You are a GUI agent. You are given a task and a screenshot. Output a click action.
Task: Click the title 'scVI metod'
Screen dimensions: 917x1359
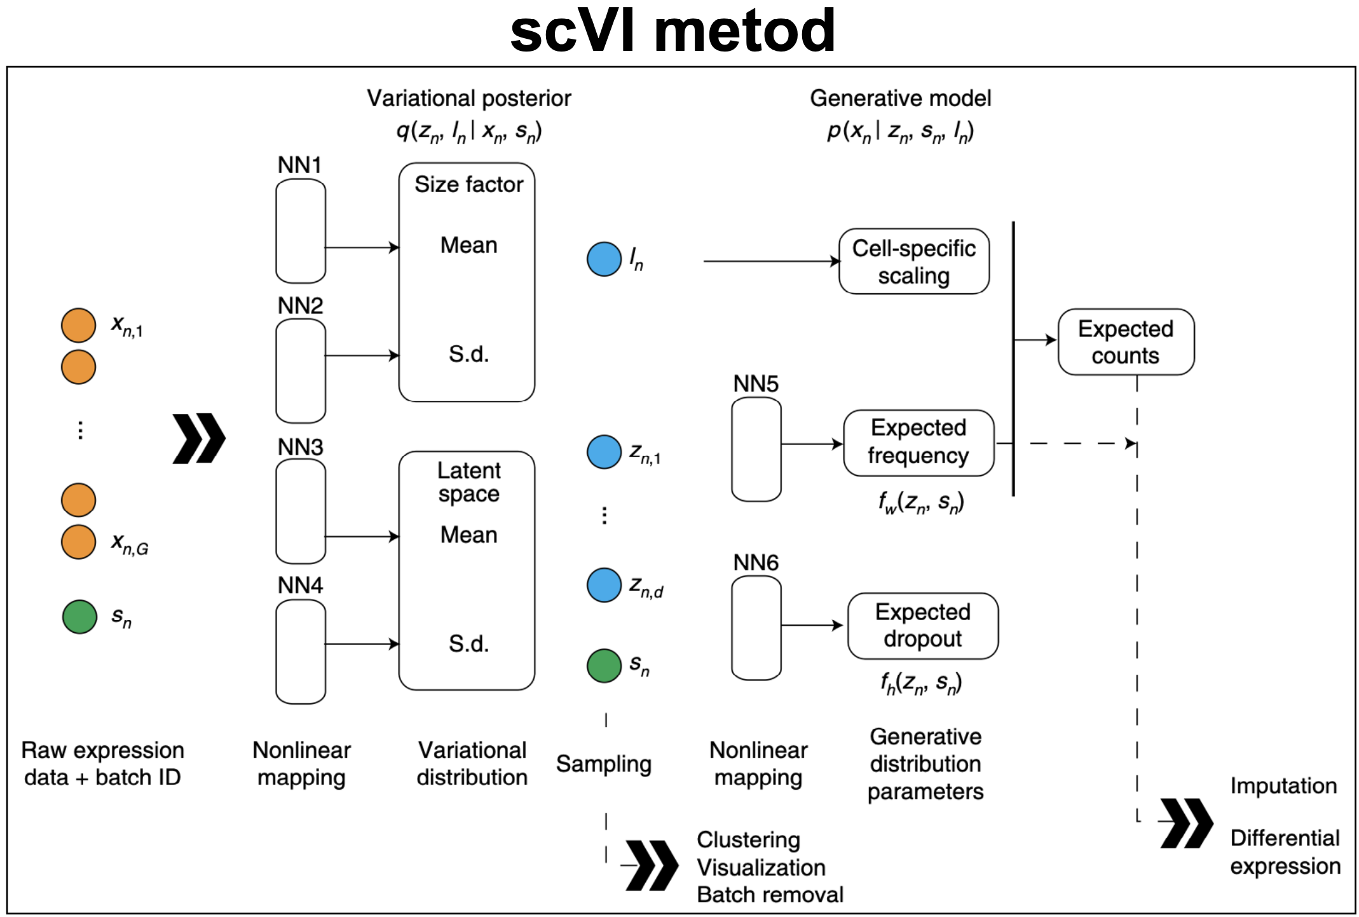click(x=673, y=31)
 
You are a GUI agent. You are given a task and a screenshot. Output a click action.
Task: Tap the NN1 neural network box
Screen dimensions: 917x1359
click(x=301, y=230)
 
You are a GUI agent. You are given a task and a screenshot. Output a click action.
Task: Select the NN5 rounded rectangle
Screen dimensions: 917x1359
click(x=756, y=449)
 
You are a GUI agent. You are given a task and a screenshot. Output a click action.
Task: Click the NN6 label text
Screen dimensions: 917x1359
click(x=755, y=562)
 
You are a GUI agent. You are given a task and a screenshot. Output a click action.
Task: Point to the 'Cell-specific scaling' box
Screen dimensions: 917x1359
click(x=913, y=261)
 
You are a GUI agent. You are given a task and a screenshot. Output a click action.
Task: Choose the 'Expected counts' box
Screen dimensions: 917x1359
click(x=1125, y=342)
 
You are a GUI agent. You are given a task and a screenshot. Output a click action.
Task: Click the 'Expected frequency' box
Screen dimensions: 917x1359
click(x=918, y=443)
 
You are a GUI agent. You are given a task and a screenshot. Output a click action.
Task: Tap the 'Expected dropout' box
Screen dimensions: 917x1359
click(x=922, y=626)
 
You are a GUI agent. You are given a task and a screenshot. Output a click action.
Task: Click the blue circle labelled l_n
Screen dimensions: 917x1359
click(x=604, y=259)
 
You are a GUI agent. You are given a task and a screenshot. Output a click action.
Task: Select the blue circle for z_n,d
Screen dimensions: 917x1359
click(x=604, y=585)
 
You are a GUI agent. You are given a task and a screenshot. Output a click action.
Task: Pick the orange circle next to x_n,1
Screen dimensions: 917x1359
click(x=78, y=325)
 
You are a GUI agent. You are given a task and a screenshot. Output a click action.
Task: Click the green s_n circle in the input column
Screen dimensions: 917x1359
click(x=79, y=617)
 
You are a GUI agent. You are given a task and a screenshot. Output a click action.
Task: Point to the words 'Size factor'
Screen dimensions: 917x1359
click(x=468, y=184)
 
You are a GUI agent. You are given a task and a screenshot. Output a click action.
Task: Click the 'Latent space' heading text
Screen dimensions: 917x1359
click(x=468, y=482)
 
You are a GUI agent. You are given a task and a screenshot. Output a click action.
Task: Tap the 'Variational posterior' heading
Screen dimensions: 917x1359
click(x=468, y=98)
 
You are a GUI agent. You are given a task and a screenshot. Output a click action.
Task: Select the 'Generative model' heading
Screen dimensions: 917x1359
click(x=900, y=98)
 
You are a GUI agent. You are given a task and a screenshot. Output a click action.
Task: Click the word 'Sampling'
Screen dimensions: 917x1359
click(x=603, y=764)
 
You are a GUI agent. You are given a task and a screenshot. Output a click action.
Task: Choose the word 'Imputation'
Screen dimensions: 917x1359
click(x=1283, y=785)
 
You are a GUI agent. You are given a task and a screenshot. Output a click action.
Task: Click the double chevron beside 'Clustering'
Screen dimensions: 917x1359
click(x=652, y=865)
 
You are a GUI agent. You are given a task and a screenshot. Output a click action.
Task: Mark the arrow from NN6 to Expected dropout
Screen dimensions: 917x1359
click(x=812, y=626)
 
